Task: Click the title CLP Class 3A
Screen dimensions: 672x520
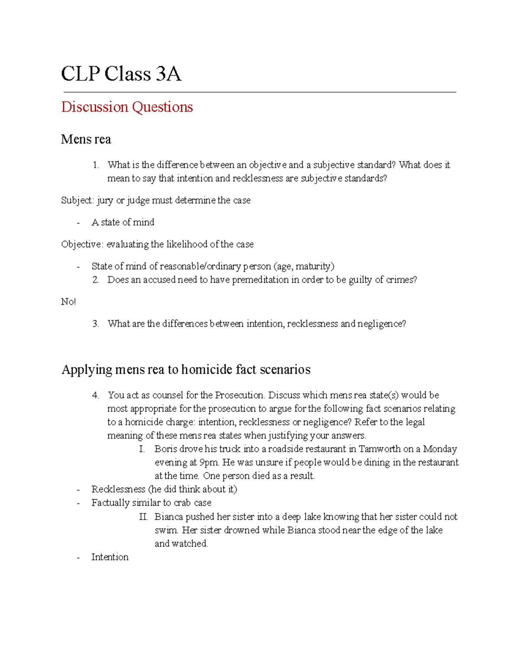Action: coord(121,74)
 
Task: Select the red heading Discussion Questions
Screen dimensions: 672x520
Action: coord(127,107)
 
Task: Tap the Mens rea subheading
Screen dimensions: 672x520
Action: coord(86,139)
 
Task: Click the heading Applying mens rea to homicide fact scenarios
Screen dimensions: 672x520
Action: coord(186,370)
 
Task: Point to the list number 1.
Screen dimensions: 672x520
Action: coord(95,165)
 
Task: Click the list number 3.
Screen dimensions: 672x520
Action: coord(95,324)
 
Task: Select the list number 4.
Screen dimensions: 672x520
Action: coord(95,395)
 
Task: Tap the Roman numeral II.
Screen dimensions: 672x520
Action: coord(143,517)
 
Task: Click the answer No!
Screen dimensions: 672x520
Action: coord(68,302)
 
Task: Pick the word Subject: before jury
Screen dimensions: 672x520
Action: coord(77,200)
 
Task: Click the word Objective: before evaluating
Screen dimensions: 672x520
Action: coord(82,244)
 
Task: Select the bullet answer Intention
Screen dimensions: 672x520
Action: coord(110,557)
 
